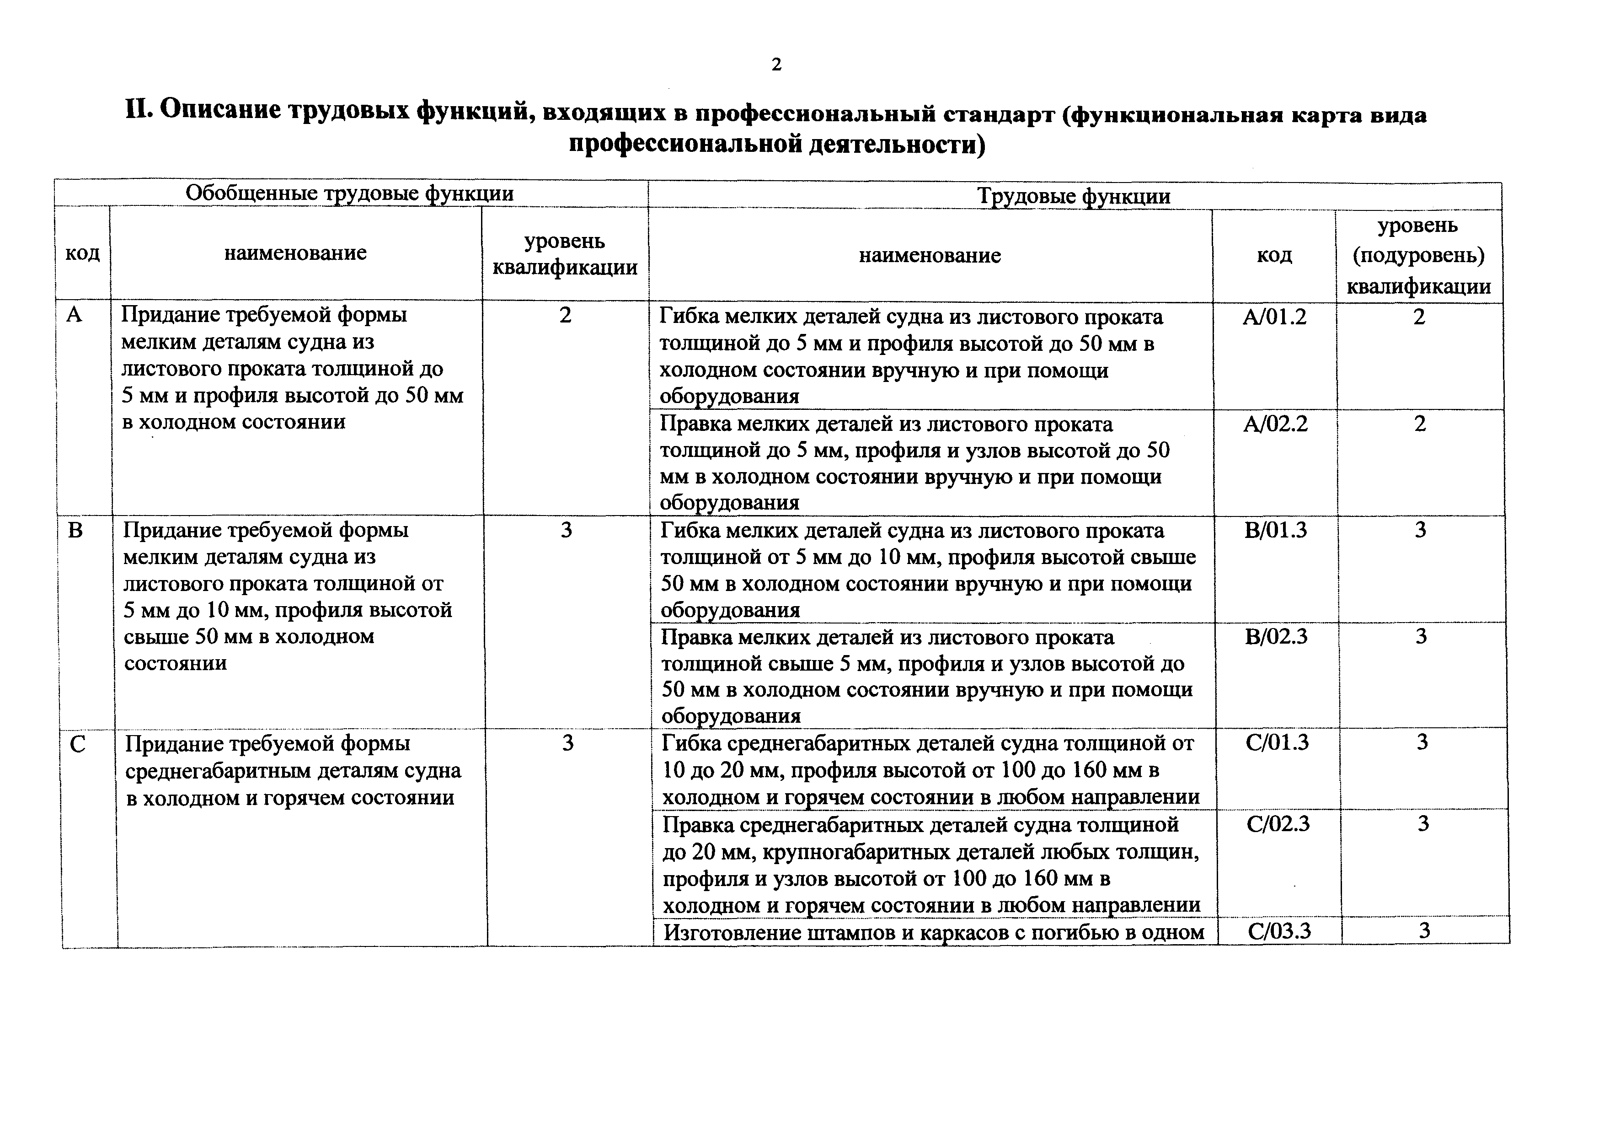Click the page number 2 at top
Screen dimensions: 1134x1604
776,65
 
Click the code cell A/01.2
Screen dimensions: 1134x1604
1274,317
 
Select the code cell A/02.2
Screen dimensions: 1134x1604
1275,424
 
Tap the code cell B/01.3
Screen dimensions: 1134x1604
1276,530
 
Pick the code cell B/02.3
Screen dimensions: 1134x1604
1276,636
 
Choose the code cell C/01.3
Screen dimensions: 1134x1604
1277,742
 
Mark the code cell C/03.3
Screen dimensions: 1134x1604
1279,931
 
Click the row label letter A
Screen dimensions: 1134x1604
74,315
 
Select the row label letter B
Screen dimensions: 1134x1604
75,530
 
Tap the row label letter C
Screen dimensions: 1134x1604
78,745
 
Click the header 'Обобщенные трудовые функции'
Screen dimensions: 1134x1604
349,193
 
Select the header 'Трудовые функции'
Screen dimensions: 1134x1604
1074,196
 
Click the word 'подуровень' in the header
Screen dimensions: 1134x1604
1418,256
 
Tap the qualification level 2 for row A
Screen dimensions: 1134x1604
565,315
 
